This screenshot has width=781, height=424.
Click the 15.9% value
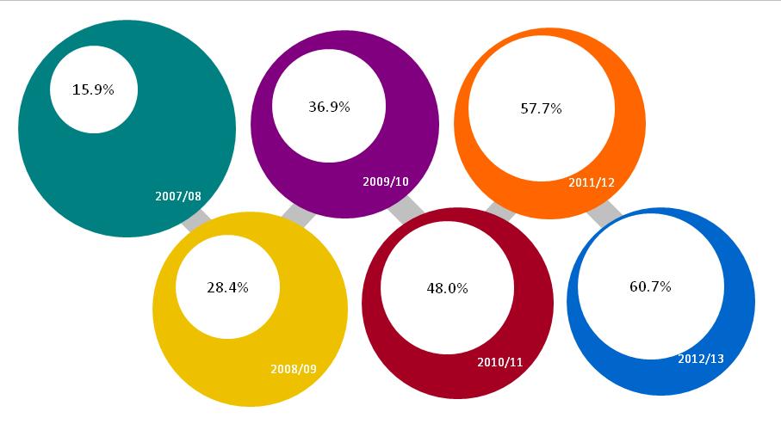click(x=93, y=89)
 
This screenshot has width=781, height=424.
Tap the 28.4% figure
click(x=227, y=287)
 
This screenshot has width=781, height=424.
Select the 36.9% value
click(x=329, y=107)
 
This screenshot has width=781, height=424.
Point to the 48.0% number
click(x=447, y=289)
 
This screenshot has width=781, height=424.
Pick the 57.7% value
click(x=541, y=108)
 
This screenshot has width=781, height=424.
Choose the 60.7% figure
click(x=650, y=286)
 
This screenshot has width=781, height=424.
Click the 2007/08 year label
click(x=178, y=196)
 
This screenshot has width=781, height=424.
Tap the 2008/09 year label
click(x=294, y=369)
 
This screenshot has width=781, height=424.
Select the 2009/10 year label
click(x=385, y=181)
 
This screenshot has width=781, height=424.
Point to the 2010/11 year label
click(x=499, y=362)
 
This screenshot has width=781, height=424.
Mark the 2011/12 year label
click(x=591, y=182)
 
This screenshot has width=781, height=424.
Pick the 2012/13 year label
click(x=701, y=358)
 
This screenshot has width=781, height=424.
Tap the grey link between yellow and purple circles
click(x=298, y=215)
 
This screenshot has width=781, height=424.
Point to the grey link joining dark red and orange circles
click(x=500, y=210)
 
